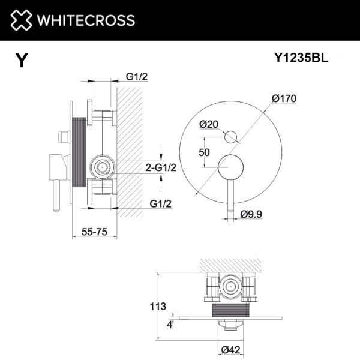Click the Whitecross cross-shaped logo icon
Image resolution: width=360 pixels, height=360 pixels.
20,20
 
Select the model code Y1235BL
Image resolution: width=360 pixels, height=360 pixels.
301,58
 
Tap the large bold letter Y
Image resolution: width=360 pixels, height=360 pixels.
22,61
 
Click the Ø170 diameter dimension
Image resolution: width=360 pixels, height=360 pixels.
284,98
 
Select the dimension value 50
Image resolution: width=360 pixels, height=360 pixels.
204,152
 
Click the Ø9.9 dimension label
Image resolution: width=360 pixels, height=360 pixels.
253,214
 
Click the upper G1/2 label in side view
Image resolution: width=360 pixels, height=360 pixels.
137,77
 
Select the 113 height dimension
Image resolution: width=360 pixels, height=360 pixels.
157,307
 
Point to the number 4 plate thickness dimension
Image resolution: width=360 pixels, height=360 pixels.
170,324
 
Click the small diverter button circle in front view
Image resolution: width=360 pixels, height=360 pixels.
230,137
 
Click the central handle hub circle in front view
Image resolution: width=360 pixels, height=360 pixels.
229,166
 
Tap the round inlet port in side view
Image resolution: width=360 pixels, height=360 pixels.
102,167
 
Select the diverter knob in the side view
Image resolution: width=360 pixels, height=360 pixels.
62,136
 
